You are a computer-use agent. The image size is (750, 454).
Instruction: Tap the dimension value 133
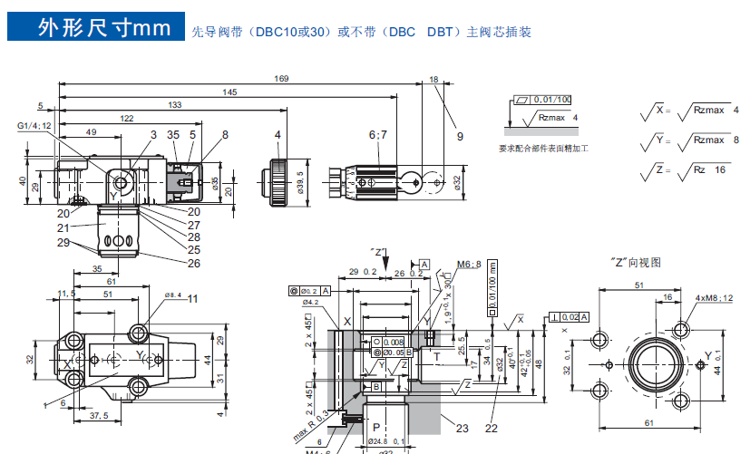coord(174,105)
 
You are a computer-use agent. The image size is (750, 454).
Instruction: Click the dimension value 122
coord(127,119)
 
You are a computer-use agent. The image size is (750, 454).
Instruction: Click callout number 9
coord(460,137)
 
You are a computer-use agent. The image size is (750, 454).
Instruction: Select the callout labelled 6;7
coord(377,134)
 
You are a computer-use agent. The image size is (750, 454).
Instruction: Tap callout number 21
coord(63,227)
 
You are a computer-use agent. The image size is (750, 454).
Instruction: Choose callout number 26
coord(194,264)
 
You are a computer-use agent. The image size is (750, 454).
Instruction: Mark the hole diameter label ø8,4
coord(172,295)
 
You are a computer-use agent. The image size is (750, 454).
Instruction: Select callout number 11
coord(192,298)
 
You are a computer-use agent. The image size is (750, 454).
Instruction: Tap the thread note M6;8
coord(468,264)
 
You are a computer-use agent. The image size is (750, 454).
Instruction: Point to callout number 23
coord(463,429)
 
